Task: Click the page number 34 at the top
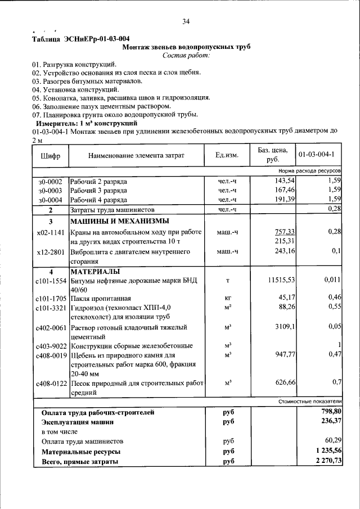pos(186,22)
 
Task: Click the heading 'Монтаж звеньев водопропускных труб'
pos(186,47)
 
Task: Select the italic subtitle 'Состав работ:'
pos(186,56)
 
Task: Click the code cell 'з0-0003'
pos(50,191)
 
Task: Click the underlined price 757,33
pos(285,232)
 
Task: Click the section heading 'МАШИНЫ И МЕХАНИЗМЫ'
pos(119,221)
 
